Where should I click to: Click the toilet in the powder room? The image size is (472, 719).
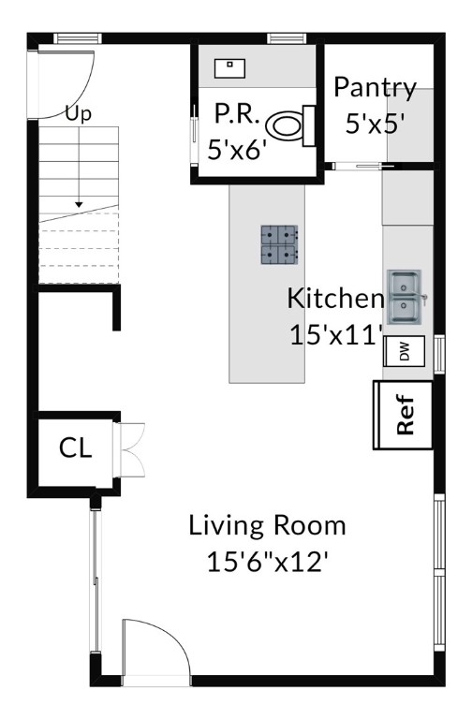(x=290, y=126)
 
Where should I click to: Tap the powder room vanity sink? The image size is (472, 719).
(x=229, y=68)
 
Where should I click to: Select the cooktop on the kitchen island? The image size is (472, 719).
(x=279, y=244)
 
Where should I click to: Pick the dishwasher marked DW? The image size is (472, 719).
(x=405, y=351)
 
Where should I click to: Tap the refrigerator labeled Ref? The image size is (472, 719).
(x=404, y=415)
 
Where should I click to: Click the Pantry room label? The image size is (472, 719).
(x=375, y=88)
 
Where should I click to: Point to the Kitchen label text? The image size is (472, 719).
(x=335, y=298)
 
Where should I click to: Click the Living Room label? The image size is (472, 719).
(x=268, y=525)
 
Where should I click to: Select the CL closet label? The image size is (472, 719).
(x=75, y=448)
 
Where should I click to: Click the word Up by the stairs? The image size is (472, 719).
(x=79, y=113)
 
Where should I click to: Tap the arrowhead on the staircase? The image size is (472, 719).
(x=79, y=204)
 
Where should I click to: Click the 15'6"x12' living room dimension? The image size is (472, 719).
(x=268, y=562)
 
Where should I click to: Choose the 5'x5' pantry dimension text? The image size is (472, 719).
(x=375, y=124)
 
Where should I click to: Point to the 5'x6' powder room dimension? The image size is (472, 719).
(x=237, y=149)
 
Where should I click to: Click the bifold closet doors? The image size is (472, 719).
(x=129, y=449)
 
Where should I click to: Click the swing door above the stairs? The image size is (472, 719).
(x=66, y=84)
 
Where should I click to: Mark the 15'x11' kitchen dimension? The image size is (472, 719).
(x=336, y=335)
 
